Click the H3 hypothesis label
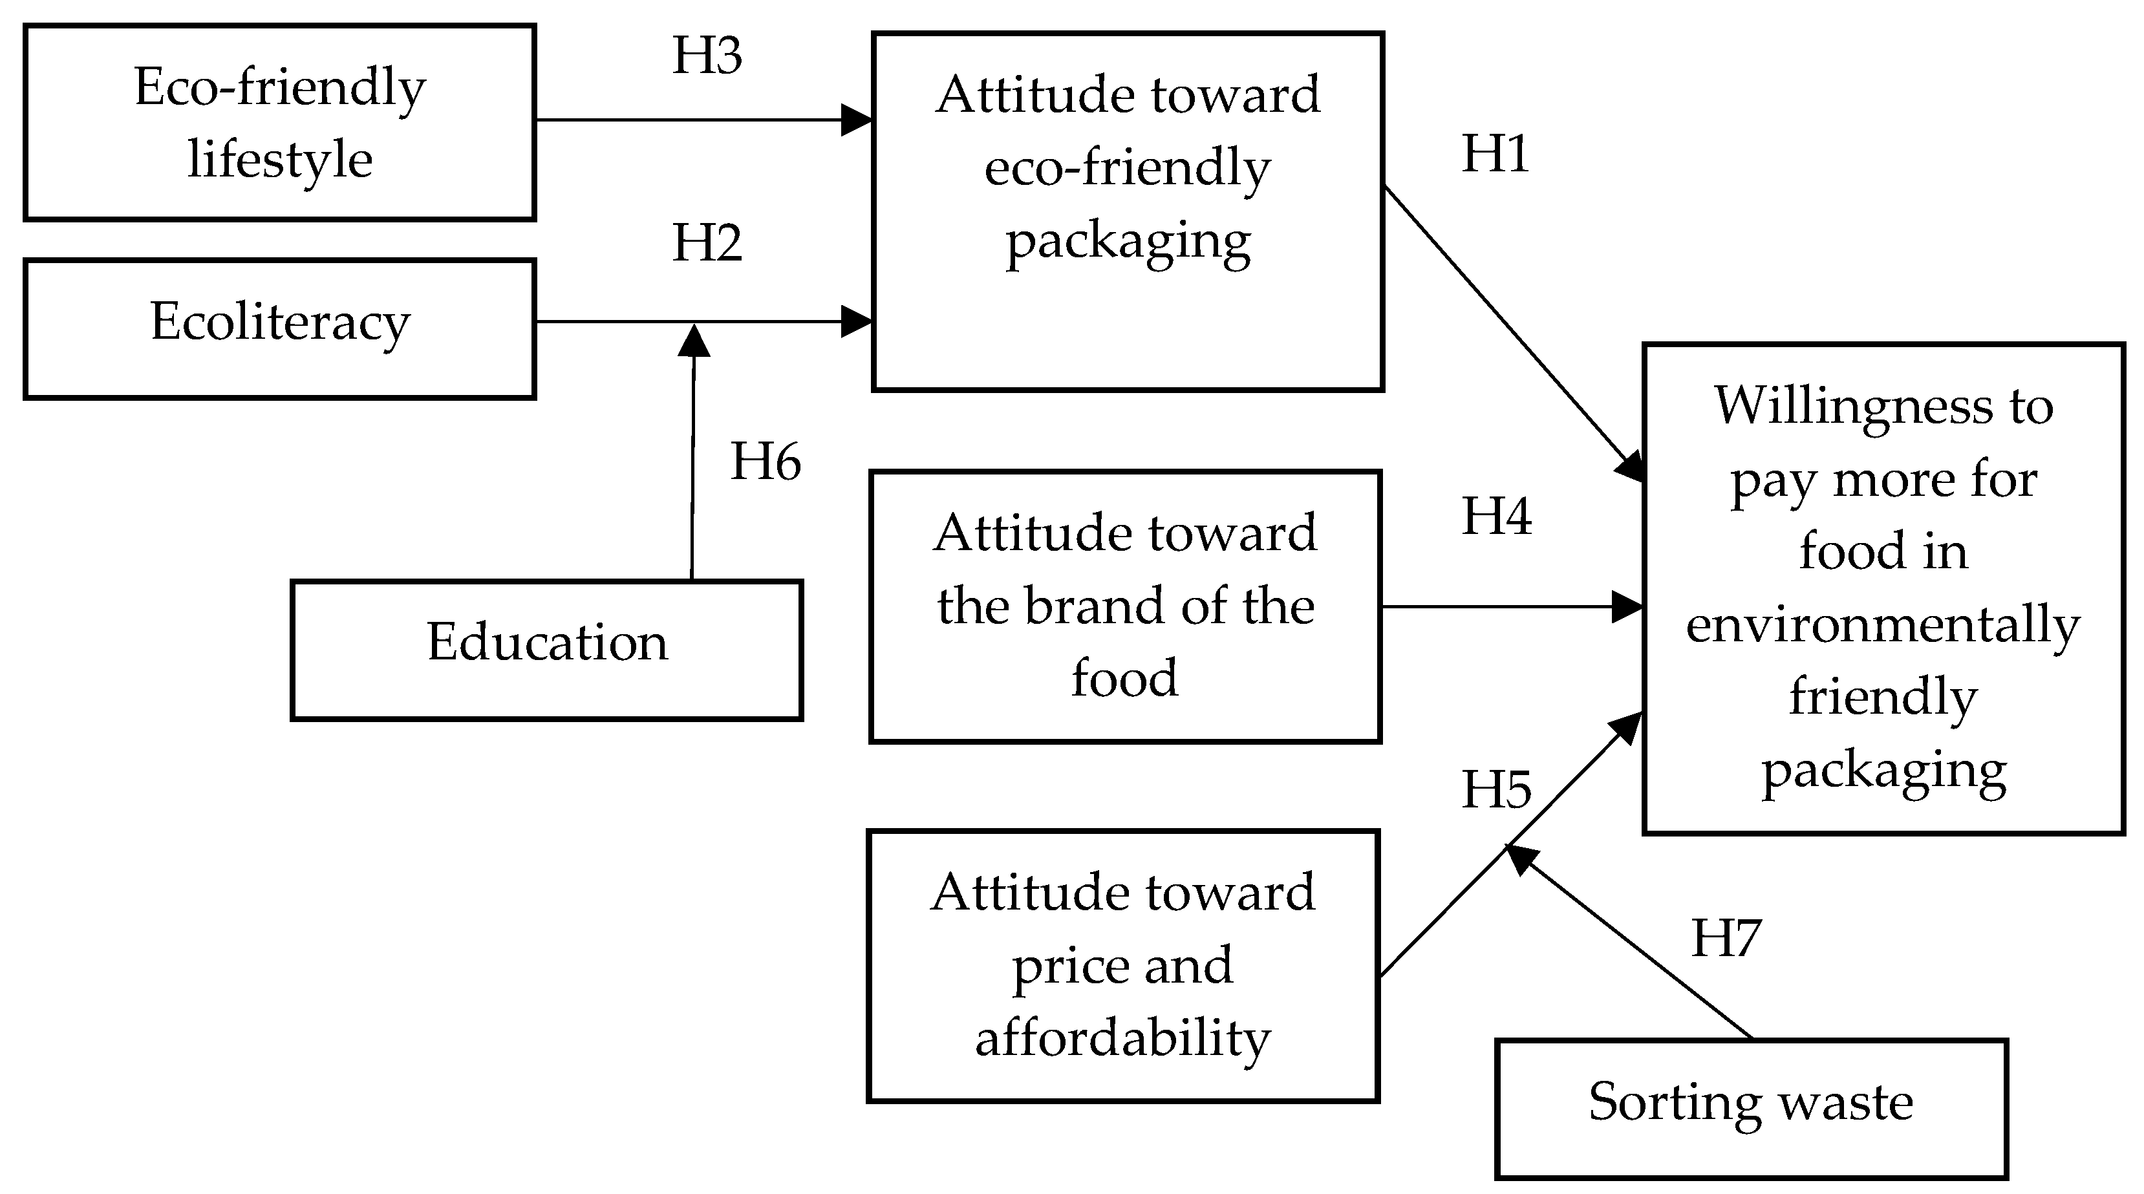pos(707,57)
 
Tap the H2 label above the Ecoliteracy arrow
pos(707,244)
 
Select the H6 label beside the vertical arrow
pos(765,462)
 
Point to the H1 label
pos(1495,155)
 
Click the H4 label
pos(1495,517)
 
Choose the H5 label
pos(1495,791)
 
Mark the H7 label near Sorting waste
pos(1726,939)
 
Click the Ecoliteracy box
pos(280,328)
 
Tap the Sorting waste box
pos(1751,1107)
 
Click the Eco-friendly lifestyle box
pos(280,122)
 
